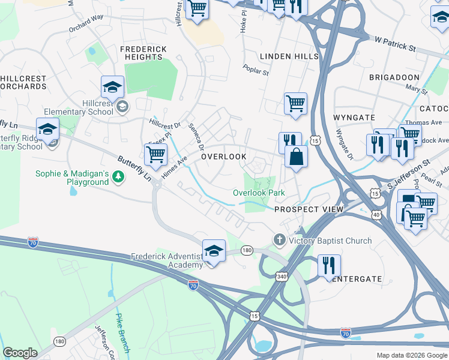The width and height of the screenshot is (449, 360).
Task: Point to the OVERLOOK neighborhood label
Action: point(223,156)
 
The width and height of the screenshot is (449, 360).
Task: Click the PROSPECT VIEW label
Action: point(309,209)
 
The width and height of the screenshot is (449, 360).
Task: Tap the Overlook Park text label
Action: point(259,193)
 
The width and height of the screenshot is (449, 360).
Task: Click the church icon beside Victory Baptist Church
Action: point(279,241)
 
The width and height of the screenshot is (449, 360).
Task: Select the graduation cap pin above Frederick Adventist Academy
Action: point(214,250)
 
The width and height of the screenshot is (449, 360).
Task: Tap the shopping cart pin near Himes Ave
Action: point(156,155)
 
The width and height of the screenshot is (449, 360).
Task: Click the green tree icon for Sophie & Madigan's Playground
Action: point(119,176)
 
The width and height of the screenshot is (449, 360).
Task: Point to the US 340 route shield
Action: point(282,276)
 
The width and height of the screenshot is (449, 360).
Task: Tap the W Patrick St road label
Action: point(395,46)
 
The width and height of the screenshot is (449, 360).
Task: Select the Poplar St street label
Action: point(256,69)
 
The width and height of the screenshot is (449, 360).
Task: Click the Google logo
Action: point(20,352)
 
